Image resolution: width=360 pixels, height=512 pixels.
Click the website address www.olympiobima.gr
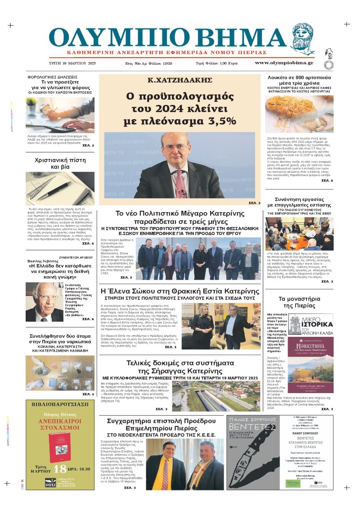tap(290, 63)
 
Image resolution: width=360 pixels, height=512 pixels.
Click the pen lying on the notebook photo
tap(54, 190)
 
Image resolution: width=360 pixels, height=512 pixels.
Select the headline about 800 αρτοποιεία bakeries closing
tap(300, 81)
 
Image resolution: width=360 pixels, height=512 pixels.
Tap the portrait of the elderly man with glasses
tap(37, 302)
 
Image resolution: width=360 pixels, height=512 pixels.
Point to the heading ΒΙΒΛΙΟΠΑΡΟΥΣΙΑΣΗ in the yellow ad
tap(60, 404)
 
